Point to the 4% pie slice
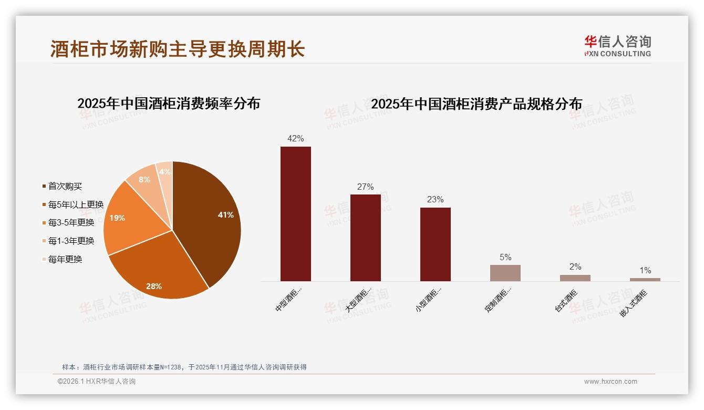tap(165, 172)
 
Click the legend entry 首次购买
tap(65, 186)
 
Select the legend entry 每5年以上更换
tap(76, 204)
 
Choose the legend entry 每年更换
tap(65, 259)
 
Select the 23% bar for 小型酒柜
tap(435, 244)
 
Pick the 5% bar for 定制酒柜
tap(505, 273)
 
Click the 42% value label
tap(295, 138)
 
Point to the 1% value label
tap(645, 270)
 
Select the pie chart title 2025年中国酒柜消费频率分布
tap(169, 104)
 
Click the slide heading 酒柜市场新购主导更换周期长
tap(178, 49)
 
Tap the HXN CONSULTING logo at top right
tap(617, 46)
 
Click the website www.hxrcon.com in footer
tap(610, 382)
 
